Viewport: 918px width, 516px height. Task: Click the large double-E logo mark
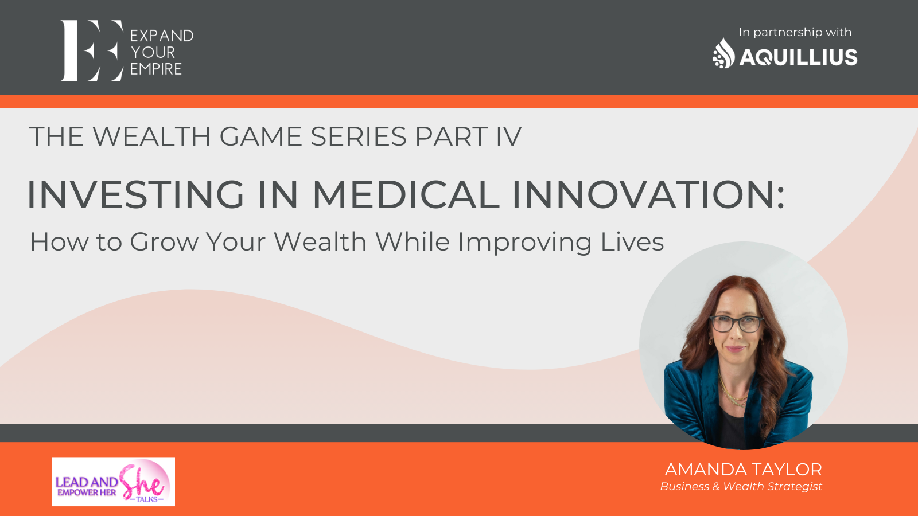coord(92,50)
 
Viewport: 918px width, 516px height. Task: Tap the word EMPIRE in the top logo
coord(155,69)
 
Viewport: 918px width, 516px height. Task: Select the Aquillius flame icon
coord(723,53)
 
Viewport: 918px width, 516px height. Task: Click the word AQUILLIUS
coord(798,57)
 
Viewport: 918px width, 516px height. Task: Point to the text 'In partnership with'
coord(795,32)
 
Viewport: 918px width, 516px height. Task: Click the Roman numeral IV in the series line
coord(508,136)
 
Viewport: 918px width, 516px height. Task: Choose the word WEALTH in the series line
coord(151,136)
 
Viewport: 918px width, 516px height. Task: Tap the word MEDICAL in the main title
coord(406,194)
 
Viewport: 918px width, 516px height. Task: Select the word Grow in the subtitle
coord(164,241)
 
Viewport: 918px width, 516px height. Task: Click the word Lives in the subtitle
coord(632,241)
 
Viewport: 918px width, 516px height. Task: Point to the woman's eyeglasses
coord(737,324)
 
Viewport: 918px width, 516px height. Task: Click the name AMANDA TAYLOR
coord(743,470)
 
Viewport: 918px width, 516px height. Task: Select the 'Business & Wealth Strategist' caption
coord(741,487)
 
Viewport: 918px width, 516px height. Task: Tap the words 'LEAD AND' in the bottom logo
coord(87,482)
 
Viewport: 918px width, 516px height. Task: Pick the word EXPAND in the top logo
coord(161,36)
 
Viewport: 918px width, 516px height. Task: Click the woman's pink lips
coord(736,349)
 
